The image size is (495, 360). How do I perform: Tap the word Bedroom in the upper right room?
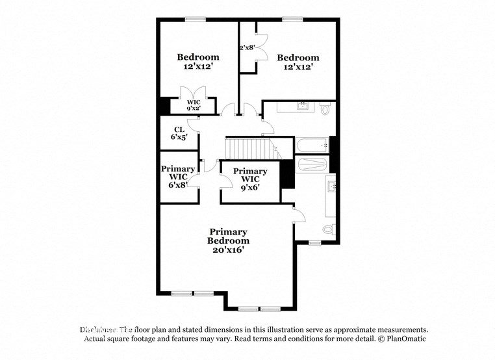pos(298,58)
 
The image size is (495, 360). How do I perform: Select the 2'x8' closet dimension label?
pos(247,47)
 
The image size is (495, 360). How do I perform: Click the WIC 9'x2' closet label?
pos(194,106)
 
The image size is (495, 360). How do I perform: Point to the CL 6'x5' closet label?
pos(179,133)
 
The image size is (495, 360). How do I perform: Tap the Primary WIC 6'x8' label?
pos(178,177)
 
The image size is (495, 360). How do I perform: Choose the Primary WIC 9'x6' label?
pos(250,180)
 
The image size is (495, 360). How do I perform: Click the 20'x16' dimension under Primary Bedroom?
pos(227,250)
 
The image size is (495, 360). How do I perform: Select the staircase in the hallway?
pos(250,148)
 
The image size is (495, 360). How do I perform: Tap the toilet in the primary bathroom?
pos(329,229)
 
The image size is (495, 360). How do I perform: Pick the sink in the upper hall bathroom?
pos(303,105)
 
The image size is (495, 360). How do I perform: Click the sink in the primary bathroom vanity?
pos(332,188)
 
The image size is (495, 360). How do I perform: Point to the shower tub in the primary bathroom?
pos(312,164)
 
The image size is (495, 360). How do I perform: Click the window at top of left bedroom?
pos(196,19)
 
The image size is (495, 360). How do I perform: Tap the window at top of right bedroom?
pos(292,19)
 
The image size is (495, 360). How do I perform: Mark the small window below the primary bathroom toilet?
pos(315,243)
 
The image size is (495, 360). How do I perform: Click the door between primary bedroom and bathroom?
pos(298,214)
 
